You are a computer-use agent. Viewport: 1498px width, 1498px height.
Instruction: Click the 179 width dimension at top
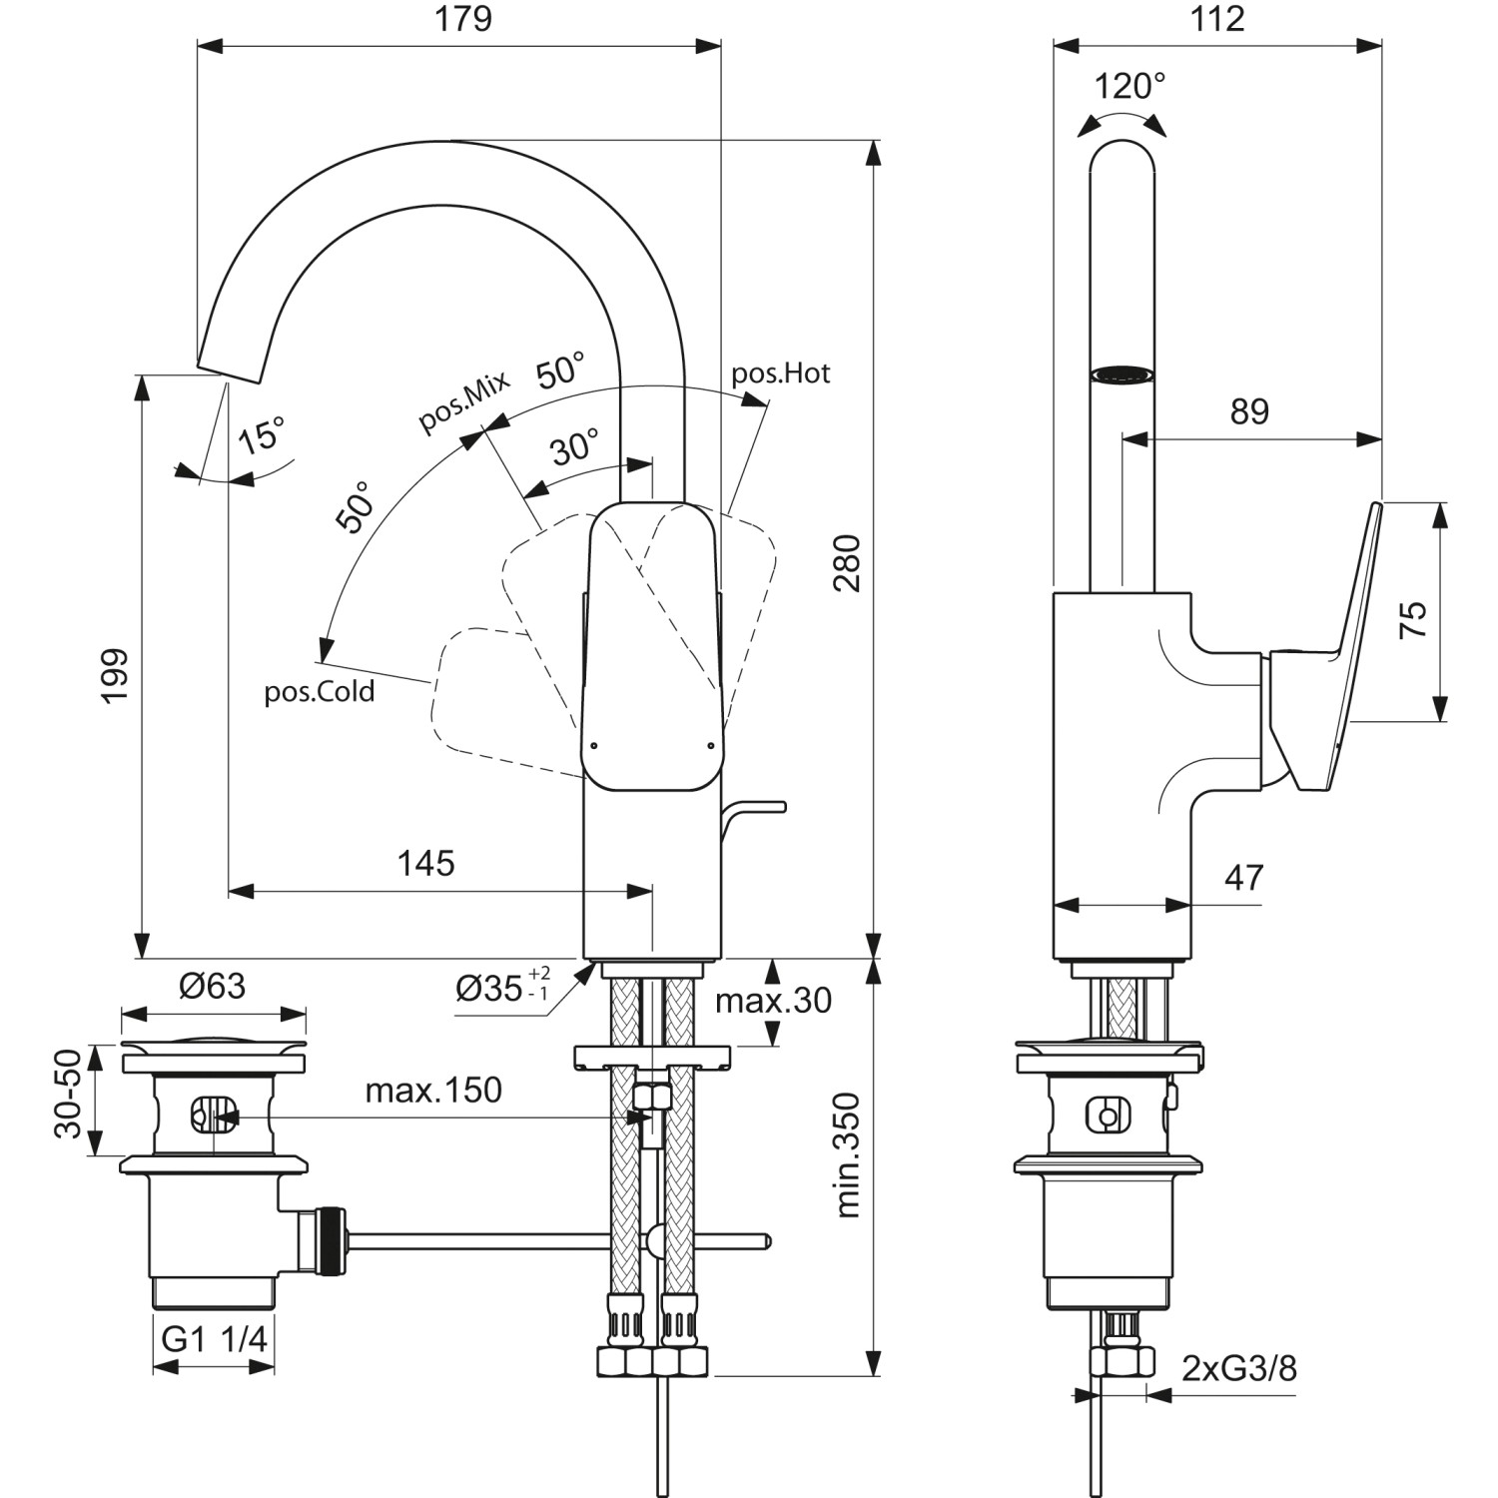[463, 20]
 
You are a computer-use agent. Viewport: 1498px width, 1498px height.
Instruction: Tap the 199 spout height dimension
[115, 675]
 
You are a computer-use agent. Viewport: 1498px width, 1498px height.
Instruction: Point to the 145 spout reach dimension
[426, 863]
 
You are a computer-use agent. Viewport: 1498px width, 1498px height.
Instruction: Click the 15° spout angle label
[262, 435]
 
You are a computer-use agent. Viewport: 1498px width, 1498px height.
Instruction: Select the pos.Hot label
[781, 374]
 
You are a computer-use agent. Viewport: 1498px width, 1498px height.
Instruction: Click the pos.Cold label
[320, 692]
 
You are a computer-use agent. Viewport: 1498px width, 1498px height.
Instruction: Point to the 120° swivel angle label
[1129, 87]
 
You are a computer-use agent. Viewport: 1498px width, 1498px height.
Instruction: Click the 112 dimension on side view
[1217, 20]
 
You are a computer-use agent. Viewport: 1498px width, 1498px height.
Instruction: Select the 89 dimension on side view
[1249, 411]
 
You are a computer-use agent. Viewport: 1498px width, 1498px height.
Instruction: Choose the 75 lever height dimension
[1412, 620]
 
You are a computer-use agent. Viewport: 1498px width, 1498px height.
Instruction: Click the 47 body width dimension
[1243, 878]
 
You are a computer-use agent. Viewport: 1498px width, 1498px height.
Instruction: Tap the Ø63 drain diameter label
[212, 987]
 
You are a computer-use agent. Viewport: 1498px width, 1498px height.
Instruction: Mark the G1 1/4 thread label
[215, 1339]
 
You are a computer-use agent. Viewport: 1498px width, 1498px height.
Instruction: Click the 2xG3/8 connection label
[1239, 1368]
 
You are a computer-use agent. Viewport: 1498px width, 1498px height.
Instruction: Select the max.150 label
[433, 1091]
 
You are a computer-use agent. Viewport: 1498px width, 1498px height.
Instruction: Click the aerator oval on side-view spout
[1123, 374]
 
